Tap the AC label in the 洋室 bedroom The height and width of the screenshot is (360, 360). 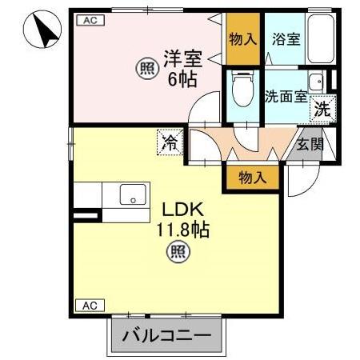[90, 22]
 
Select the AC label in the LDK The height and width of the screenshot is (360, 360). [90, 305]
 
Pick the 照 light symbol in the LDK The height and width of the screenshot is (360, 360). [178, 254]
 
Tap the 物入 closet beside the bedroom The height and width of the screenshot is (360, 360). [242, 38]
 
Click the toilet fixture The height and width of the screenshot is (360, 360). [241, 90]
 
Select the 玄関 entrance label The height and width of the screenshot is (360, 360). [310, 144]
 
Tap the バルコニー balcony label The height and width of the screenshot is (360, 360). [166, 336]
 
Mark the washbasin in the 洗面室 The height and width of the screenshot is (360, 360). [318, 82]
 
